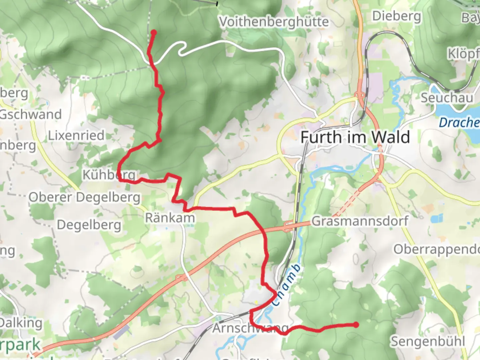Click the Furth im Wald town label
[x=355, y=137]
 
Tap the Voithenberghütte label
[x=274, y=22]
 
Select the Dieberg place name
[x=396, y=16]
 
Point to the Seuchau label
[x=447, y=98]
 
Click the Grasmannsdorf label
[x=360, y=221]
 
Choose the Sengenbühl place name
[x=428, y=341]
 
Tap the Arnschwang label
[x=250, y=328]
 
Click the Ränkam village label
[x=170, y=218]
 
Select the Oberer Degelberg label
[x=84, y=197]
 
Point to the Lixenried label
[x=76, y=135]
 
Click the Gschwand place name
[x=31, y=114]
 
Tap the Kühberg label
[x=109, y=174]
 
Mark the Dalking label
[x=21, y=323]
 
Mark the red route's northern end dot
[x=154, y=33]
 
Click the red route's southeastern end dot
[x=356, y=325]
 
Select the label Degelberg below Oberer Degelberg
[x=89, y=225]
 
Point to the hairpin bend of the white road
[x=182, y=49]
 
